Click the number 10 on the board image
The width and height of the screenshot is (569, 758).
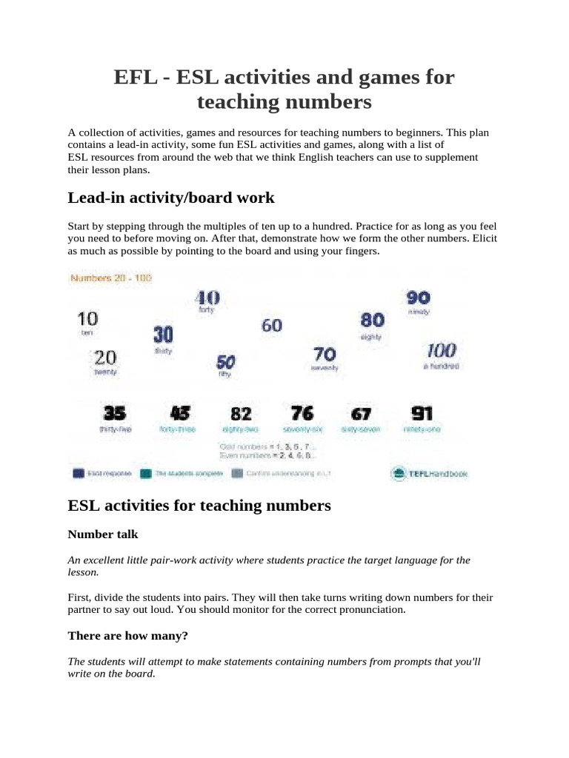click(x=87, y=320)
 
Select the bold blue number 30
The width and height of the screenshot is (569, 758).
click(x=163, y=335)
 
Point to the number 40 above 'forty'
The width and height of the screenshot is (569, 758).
click(x=207, y=298)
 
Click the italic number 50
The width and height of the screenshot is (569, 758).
click(x=225, y=363)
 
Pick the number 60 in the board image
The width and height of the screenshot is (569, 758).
click(x=272, y=325)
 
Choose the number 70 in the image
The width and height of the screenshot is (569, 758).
click(x=325, y=355)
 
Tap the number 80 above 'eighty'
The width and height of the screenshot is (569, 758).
click(x=372, y=320)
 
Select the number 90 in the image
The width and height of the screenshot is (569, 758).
click(x=419, y=298)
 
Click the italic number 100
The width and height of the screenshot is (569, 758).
click(x=441, y=351)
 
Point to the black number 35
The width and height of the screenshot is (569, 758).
click(x=114, y=413)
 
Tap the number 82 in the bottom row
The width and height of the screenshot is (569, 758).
click(x=241, y=414)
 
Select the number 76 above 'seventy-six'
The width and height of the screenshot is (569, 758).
click(x=302, y=412)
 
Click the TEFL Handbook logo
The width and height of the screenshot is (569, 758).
click(x=429, y=473)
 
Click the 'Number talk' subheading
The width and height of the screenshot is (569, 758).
click(x=103, y=534)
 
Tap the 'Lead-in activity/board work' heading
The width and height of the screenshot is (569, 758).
click(x=171, y=198)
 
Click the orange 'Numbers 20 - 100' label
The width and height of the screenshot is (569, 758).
click(x=110, y=278)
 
